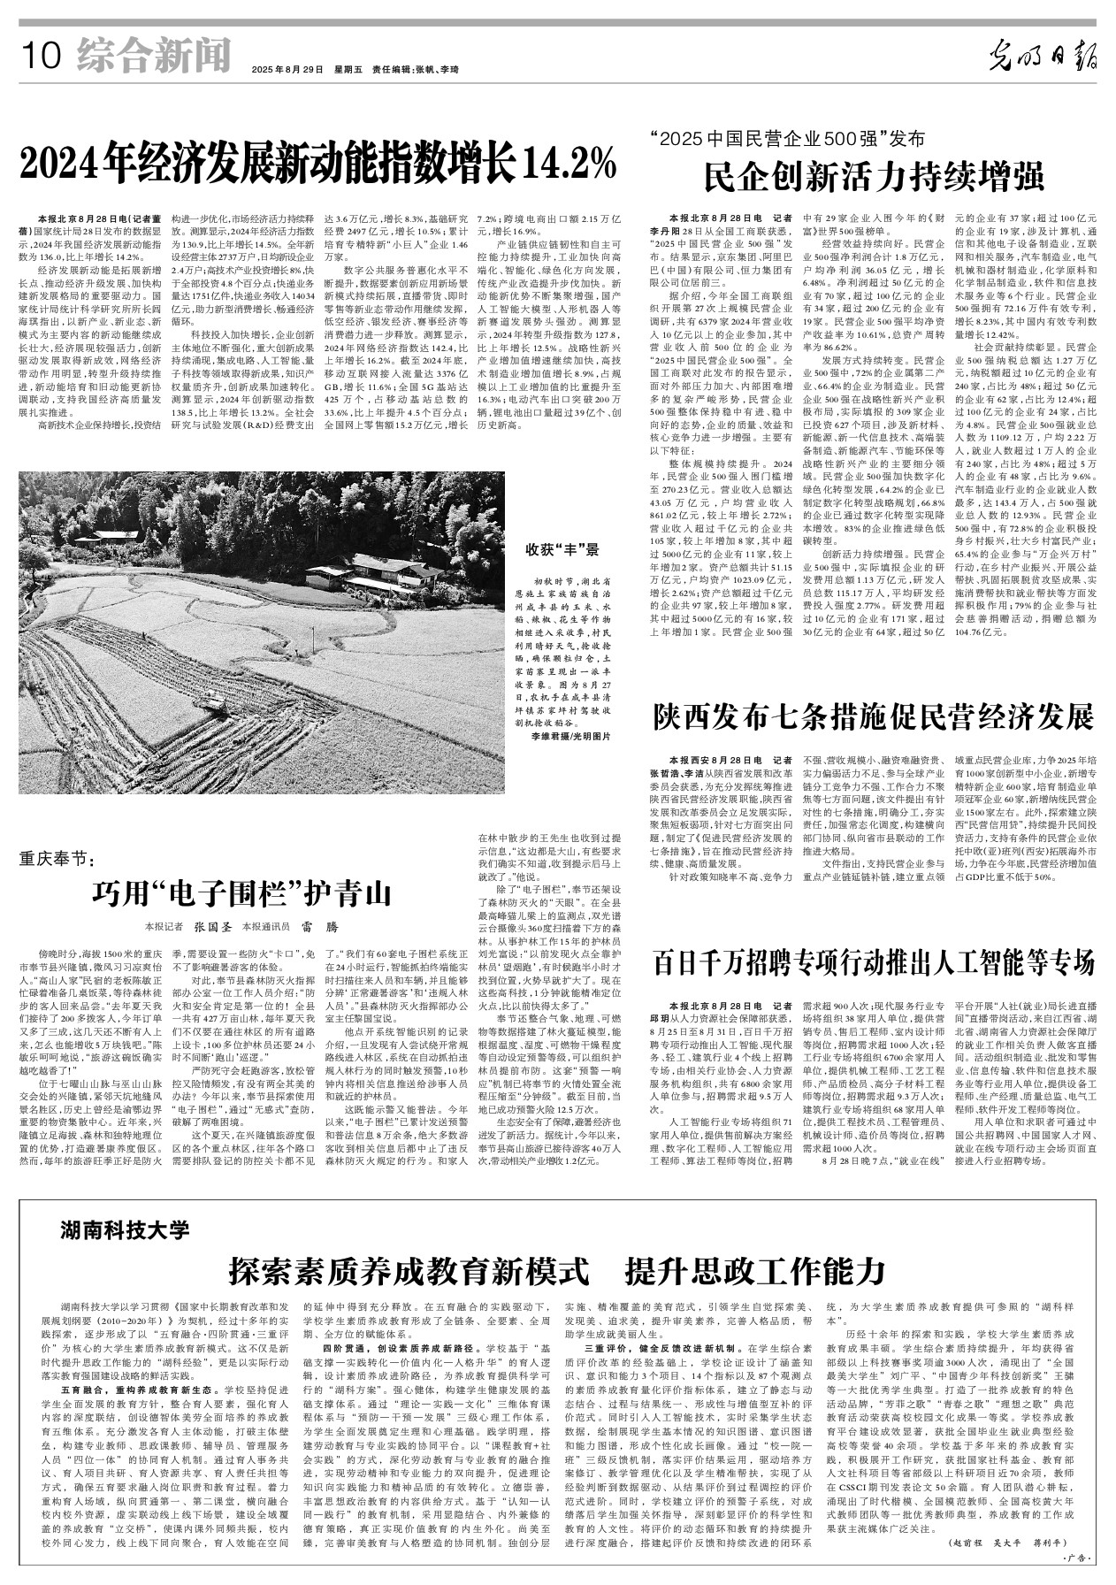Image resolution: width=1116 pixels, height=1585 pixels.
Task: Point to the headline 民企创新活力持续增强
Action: [x=875, y=175]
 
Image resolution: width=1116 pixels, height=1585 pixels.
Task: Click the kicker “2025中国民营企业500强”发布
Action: [x=786, y=139]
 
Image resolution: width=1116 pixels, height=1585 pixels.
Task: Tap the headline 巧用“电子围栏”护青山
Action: [x=241, y=892]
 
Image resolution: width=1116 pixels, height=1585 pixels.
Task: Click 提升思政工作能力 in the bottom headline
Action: [x=754, y=1270]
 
